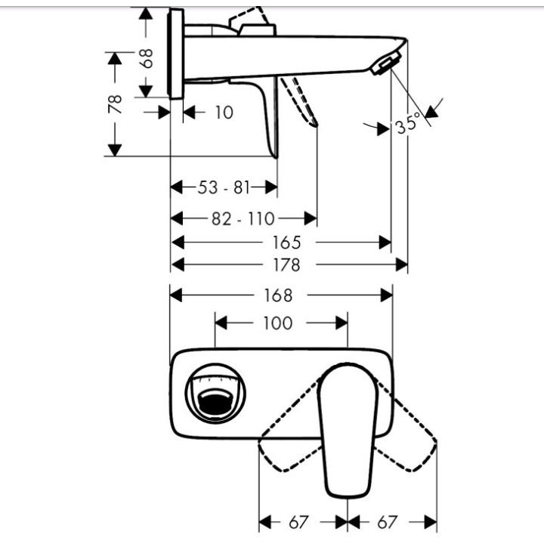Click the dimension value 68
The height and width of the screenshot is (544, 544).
(148, 58)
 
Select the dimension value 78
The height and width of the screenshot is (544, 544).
(116, 103)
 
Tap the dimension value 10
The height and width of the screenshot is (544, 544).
(224, 113)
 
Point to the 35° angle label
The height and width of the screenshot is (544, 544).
(406, 123)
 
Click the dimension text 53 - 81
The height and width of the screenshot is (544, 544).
(224, 187)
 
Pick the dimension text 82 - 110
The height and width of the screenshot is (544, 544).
(243, 219)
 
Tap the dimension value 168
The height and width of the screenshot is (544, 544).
(278, 295)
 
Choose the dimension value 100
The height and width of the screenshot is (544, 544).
(278, 323)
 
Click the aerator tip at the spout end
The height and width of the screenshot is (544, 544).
(385, 66)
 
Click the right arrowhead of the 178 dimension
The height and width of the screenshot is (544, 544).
(402, 265)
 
